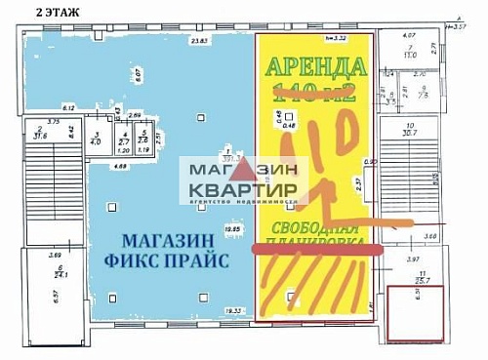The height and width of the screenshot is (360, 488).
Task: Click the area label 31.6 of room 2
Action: [41, 136]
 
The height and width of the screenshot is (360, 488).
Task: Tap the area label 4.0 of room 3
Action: [97, 141]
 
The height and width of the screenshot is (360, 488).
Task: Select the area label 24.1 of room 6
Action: [59, 274]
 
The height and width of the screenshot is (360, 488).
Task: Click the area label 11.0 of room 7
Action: [412, 55]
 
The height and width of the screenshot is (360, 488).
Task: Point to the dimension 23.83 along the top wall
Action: [200, 41]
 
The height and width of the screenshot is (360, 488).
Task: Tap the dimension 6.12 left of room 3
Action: [68, 106]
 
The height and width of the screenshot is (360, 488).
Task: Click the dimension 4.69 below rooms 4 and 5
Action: [118, 167]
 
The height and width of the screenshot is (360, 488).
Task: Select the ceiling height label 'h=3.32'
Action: [335, 37]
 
